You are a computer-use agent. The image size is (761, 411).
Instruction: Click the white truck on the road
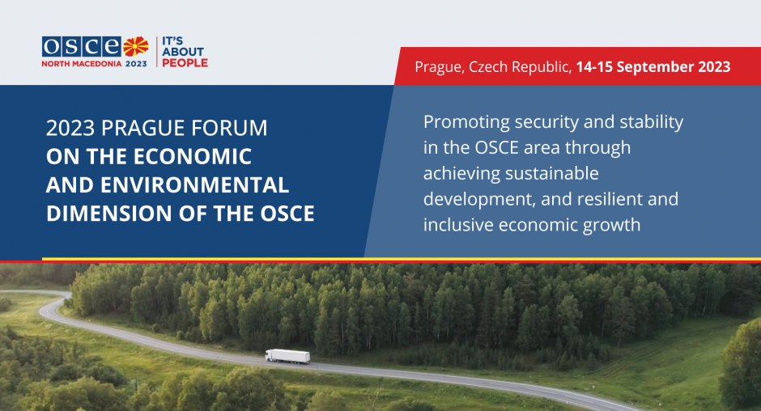287,356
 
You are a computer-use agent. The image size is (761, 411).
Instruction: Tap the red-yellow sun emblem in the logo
135,47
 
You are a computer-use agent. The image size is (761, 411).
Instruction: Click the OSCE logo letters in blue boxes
82,47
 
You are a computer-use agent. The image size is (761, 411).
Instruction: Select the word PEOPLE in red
185,62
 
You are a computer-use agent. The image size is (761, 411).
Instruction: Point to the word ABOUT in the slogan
183,52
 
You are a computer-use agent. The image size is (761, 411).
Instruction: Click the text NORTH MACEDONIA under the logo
82,64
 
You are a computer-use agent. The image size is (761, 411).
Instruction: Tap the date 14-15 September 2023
653,66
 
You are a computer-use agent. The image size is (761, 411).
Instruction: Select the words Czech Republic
519,67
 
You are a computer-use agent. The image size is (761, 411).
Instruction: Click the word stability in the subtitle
652,122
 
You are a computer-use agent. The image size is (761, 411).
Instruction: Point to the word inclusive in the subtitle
458,225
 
